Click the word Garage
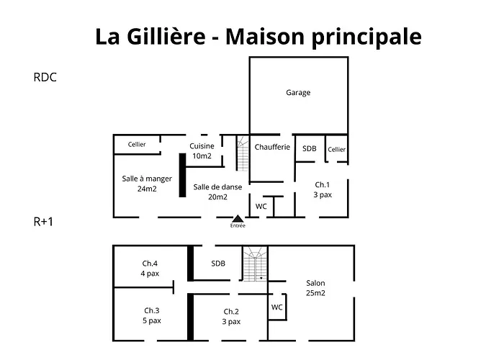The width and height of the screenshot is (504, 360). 298,93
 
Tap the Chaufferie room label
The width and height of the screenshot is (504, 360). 272,148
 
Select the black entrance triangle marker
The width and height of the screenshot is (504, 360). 238,217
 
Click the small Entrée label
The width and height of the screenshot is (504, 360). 238,226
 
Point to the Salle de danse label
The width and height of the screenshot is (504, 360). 217,192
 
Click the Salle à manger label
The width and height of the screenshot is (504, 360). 147,184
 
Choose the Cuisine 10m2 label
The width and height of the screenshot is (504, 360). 202,151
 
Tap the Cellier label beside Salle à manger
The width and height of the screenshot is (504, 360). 137,145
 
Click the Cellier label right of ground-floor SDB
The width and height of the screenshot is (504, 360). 337,150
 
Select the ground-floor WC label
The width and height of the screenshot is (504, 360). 261,207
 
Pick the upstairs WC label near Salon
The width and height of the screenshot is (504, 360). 276,307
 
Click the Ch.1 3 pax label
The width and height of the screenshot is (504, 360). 323,189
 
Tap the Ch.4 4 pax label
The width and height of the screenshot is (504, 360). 150,269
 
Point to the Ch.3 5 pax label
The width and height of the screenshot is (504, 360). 150,315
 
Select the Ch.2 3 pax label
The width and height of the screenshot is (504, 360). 231,316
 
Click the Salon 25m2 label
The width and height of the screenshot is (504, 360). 315,288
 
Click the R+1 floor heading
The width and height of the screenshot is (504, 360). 43,222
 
